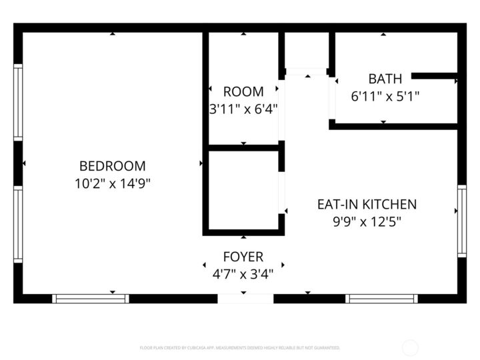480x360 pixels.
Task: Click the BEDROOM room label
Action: point(112,166)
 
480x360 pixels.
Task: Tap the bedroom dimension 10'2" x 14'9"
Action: point(112,183)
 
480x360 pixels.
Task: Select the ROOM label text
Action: point(243,91)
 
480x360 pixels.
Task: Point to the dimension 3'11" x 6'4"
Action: point(243,108)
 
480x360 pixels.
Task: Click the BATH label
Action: point(385,79)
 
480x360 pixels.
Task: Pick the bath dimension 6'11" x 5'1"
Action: point(385,96)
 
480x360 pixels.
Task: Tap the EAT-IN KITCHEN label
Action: point(366,204)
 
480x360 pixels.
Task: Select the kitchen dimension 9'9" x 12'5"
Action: point(366,221)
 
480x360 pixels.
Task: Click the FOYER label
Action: point(243,257)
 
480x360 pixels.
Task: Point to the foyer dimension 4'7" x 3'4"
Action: point(243,273)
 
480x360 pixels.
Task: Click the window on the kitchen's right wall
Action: point(461,221)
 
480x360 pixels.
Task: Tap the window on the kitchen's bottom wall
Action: point(382,299)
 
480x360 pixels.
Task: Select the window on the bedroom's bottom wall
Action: point(91,299)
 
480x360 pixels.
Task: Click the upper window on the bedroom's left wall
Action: point(18,102)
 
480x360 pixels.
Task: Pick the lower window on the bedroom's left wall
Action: point(18,224)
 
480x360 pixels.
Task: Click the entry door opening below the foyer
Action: point(245,299)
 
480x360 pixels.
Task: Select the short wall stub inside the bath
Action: point(434,76)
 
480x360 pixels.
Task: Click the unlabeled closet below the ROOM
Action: point(243,190)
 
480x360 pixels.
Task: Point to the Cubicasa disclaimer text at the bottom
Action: point(240,347)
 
